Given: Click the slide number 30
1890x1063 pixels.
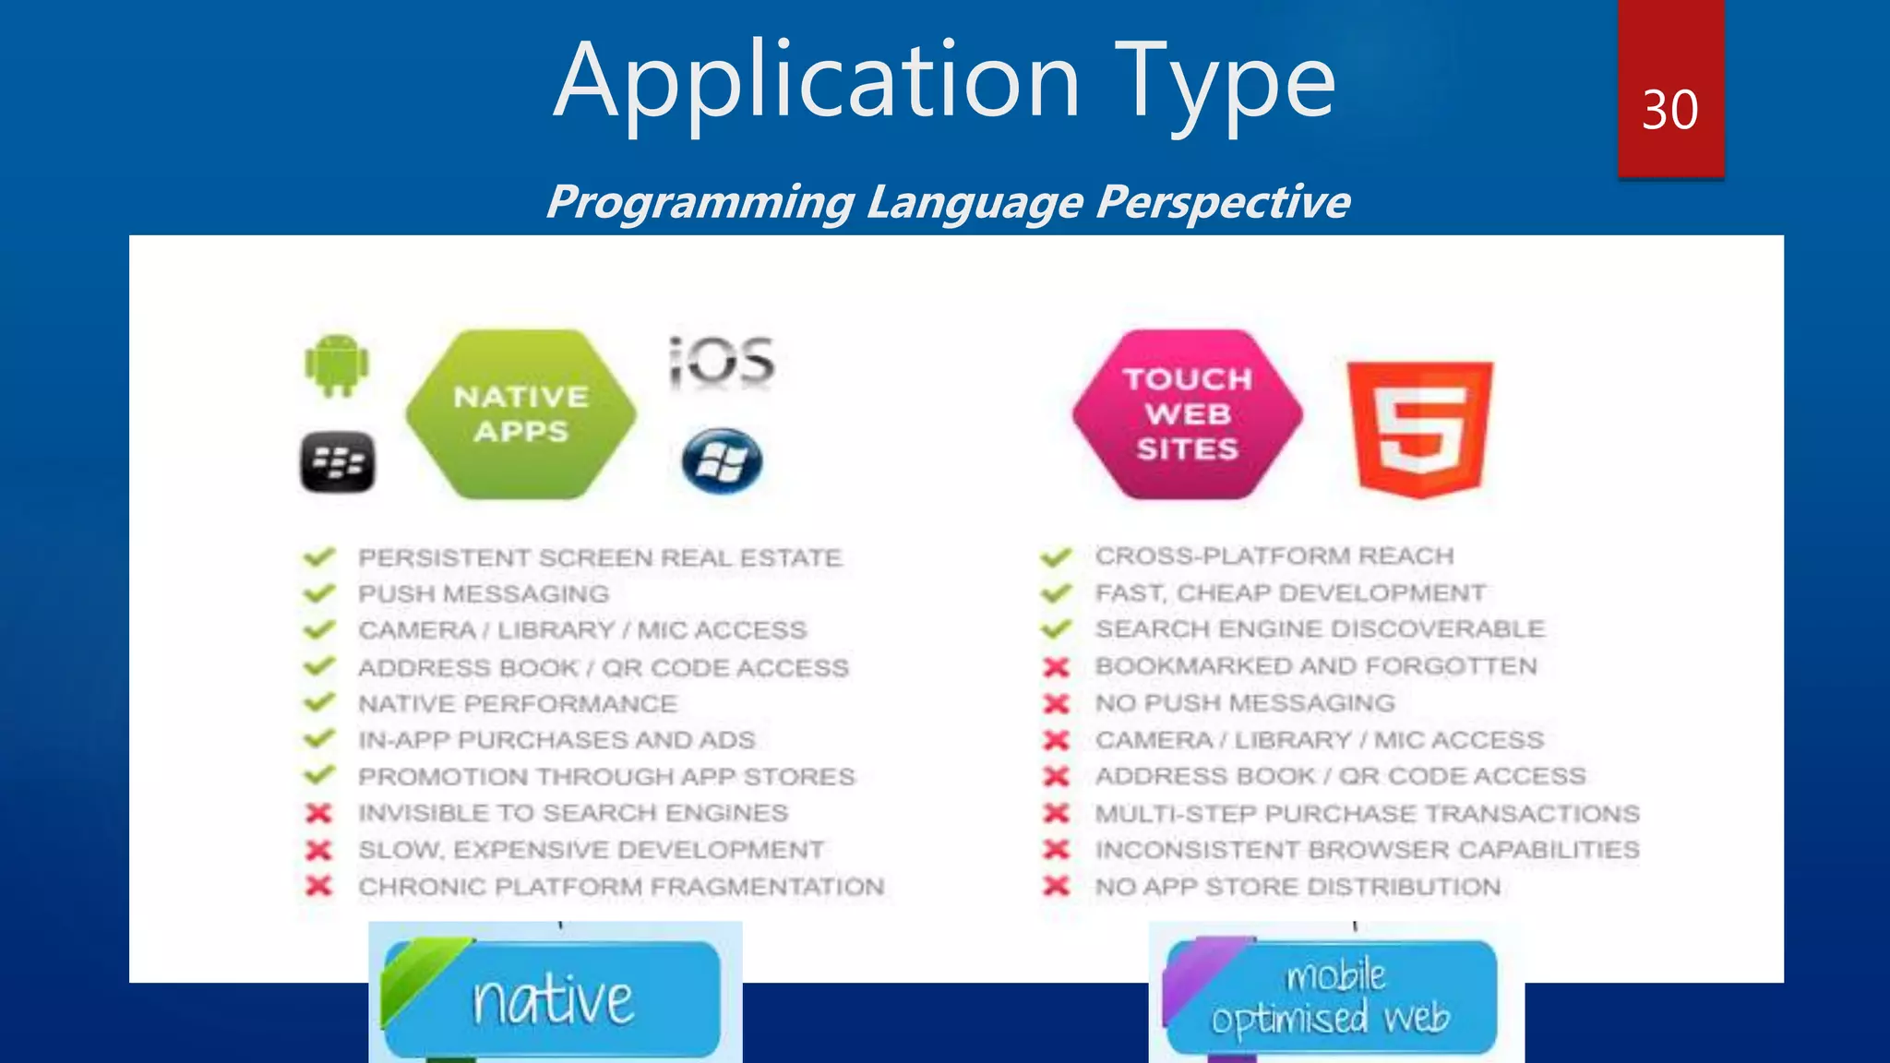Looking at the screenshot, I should pos(1669,111).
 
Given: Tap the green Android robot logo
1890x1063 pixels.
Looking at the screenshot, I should pos(337,365).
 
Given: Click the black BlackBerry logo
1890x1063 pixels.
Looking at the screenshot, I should pos(338,461).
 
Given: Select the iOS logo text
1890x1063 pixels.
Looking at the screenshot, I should pos(722,361).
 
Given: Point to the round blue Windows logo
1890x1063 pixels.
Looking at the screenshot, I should pos(722,460).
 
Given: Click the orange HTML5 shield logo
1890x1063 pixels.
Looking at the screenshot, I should pos(1419,428).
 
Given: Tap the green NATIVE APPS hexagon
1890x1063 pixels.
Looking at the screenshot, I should pos(521,414).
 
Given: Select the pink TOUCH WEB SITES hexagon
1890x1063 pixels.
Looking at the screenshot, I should pos(1187,414).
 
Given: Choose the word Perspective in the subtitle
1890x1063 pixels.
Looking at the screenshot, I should pos(1223,202).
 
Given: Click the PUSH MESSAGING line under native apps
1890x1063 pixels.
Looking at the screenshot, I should pos(484,594).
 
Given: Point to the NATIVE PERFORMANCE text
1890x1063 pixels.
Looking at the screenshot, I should pos(517,704).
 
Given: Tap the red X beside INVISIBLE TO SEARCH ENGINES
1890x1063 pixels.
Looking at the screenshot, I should pos(318,813).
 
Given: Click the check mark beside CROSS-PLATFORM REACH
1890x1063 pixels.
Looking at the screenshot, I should pos(1056,557).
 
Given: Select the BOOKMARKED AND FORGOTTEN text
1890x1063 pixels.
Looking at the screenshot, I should pos(1316,666).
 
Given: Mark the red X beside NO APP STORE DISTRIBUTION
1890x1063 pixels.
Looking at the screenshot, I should pos(1056,887).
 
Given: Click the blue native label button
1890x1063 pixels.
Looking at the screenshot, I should pos(552,999).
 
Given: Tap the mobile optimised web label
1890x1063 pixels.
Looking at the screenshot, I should pos(1331,997).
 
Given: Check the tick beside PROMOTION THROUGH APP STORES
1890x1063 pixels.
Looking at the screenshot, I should pos(318,776).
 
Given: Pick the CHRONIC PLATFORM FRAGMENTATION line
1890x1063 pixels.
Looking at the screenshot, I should pos(621,887).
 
